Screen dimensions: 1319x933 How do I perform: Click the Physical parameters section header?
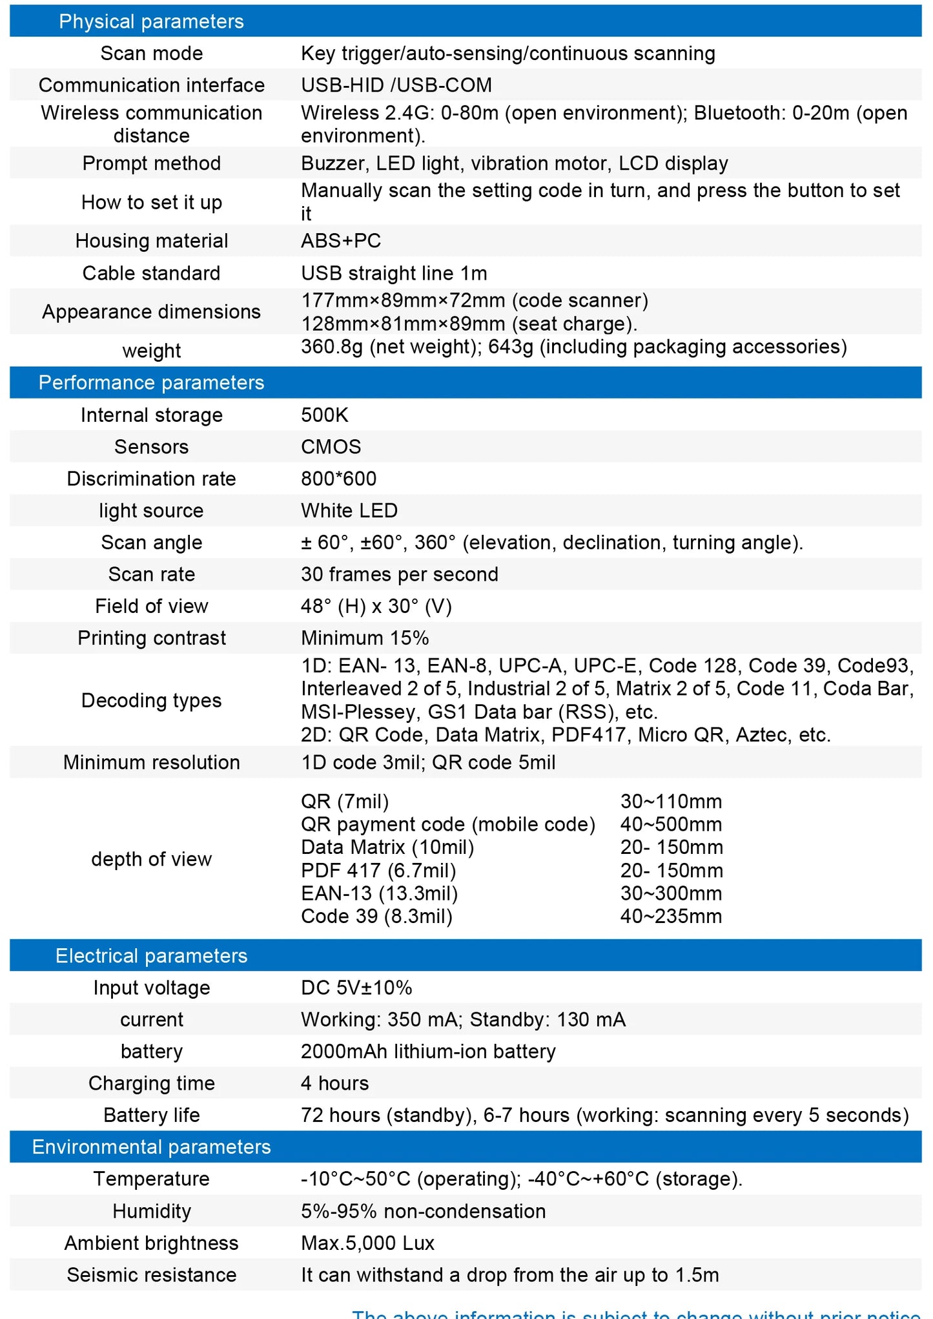coord(151,21)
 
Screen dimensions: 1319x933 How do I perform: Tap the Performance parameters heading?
coord(151,382)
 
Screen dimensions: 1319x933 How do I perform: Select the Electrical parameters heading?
coord(151,955)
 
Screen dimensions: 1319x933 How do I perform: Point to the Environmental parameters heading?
coord(151,1147)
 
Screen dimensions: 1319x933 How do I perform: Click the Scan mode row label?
coord(151,53)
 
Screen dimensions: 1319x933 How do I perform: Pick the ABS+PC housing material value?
coord(341,240)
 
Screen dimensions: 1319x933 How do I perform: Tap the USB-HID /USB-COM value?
coord(396,85)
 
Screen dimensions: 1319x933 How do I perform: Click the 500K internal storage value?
coord(324,415)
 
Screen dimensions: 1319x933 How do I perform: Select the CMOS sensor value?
coord(331,446)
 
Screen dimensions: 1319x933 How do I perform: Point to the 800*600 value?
coord(338,479)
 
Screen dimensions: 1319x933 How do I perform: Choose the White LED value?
coord(349,510)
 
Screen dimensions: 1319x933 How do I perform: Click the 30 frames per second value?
coord(399,574)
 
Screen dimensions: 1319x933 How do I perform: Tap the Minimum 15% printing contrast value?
coord(365,638)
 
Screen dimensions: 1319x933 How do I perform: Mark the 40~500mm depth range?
coord(671,824)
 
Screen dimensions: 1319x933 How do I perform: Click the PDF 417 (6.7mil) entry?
coord(378,870)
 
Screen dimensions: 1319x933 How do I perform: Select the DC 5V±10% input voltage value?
coord(356,988)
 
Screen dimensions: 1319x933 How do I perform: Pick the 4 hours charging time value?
coord(334,1083)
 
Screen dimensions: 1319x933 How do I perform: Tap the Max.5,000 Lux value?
coord(367,1243)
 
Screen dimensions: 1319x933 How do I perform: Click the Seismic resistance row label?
coord(151,1275)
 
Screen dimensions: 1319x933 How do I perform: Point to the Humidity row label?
coord(151,1211)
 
